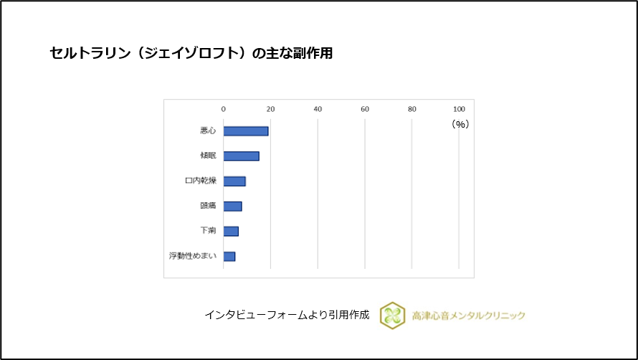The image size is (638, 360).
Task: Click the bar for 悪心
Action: pos(246,131)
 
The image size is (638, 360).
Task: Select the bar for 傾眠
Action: pos(241,156)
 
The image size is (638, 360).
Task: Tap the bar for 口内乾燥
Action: pos(234,181)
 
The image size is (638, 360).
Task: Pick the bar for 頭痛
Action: pos(232,207)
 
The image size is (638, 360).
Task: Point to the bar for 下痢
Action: pos(231,231)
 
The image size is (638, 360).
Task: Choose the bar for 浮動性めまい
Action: pos(229,256)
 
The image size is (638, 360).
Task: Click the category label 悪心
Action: pos(208,131)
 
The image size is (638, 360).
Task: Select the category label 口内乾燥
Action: pos(201,181)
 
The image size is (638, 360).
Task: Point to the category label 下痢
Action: pos(208,231)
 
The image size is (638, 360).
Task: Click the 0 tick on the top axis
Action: pos(224,109)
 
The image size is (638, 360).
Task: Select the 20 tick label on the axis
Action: pos(271,109)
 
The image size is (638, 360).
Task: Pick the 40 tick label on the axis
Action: pos(318,109)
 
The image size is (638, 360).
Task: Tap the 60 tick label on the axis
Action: pos(365,109)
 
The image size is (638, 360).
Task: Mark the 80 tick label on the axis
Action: pos(412,109)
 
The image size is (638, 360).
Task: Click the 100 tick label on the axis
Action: pos(459,109)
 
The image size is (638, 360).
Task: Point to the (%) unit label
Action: pos(460,124)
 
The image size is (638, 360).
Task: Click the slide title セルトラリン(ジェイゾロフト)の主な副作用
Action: pos(191,54)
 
